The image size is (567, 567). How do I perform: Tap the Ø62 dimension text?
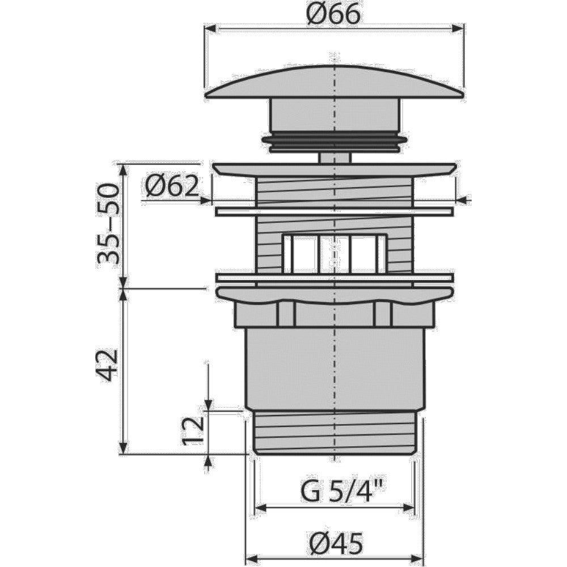pyautogui.click(x=172, y=186)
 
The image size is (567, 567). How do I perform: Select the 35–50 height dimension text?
pyautogui.click(x=107, y=223)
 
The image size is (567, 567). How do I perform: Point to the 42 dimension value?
pyautogui.click(x=107, y=365)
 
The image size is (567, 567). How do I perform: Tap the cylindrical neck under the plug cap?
pyautogui.click(x=335, y=116)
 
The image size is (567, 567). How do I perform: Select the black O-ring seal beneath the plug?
pyautogui.click(x=335, y=142)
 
